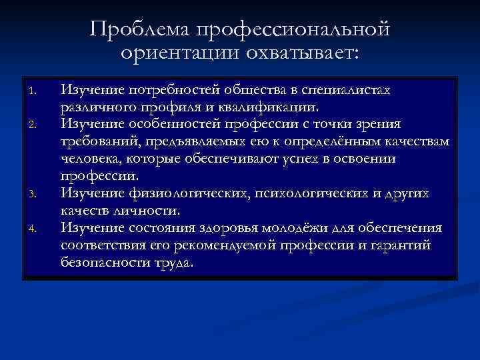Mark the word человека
(x=87, y=159)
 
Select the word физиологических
(x=181, y=193)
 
